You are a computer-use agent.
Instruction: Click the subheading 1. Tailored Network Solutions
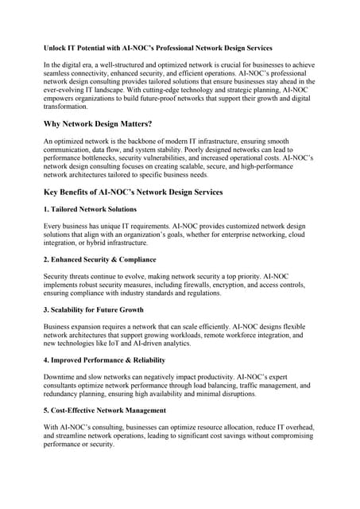[90, 209]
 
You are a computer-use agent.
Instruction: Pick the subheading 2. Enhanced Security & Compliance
[99, 259]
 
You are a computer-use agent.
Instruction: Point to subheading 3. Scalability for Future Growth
[93, 309]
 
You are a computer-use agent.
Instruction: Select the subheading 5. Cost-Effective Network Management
[104, 410]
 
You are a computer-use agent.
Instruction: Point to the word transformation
[70, 107]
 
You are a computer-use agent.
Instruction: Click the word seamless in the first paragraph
[61, 73]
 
